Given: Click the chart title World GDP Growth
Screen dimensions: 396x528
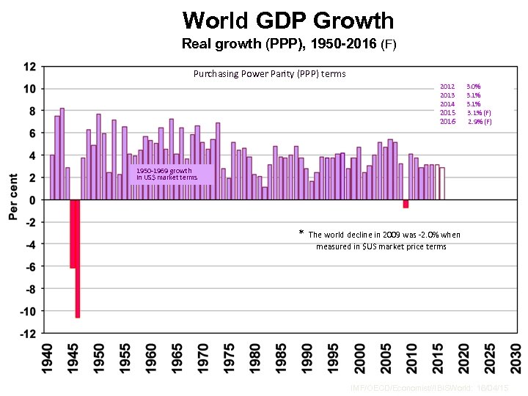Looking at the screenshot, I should click(x=288, y=21).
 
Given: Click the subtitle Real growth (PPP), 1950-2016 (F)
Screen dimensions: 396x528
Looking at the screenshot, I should click(x=288, y=44).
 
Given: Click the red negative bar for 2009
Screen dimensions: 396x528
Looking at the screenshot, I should click(x=406, y=204).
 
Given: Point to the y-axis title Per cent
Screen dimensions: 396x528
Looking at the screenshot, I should click(x=12, y=197).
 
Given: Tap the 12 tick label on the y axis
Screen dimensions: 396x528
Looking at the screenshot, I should click(x=30, y=67).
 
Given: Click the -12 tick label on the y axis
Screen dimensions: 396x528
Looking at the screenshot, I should click(x=28, y=334).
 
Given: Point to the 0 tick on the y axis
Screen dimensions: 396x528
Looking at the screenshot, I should click(x=32, y=200).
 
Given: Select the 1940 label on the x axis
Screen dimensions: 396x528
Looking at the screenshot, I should click(x=48, y=360).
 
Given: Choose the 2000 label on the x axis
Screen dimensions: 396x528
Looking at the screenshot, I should click(x=359, y=360).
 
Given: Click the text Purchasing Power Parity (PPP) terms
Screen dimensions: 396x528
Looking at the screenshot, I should click(x=269, y=74).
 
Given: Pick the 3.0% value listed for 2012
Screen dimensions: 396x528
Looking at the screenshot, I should click(x=474, y=87).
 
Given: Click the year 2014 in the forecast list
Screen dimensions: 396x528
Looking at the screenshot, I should click(x=447, y=104).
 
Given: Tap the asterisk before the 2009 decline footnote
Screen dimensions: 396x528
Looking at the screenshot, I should click(x=301, y=234).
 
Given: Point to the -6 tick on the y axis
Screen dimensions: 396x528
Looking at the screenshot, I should click(x=30, y=267).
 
